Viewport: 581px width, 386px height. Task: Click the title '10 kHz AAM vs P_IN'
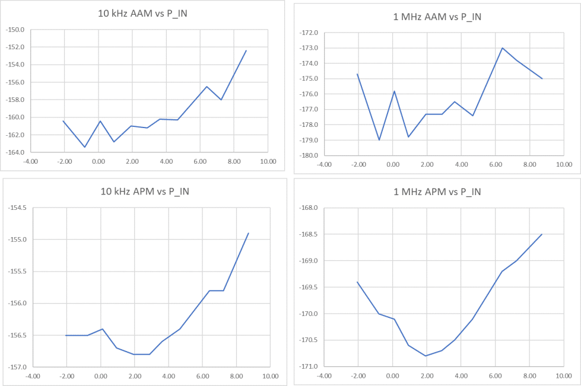pyautogui.click(x=144, y=14)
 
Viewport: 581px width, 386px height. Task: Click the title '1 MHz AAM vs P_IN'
pyautogui.click(x=437, y=17)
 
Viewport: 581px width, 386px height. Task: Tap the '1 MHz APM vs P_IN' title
pyautogui.click(x=437, y=192)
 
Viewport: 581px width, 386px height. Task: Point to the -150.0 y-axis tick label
pyautogui.click(x=14, y=30)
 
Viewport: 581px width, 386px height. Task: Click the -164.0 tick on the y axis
pyautogui.click(x=14, y=152)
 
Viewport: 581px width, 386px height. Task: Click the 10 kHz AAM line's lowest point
pyautogui.click(x=85, y=147)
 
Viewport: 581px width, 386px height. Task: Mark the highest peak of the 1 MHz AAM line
pyautogui.click(x=503, y=48)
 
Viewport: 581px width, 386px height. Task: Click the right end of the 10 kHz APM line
pyautogui.click(x=248, y=233)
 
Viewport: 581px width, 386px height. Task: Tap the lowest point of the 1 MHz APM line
pyautogui.click(x=426, y=356)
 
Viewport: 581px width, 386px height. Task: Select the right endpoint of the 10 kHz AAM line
pyautogui.click(x=246, y=50)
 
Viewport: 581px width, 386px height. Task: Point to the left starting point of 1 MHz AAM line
pyautogui.click(x=357, y=74)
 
